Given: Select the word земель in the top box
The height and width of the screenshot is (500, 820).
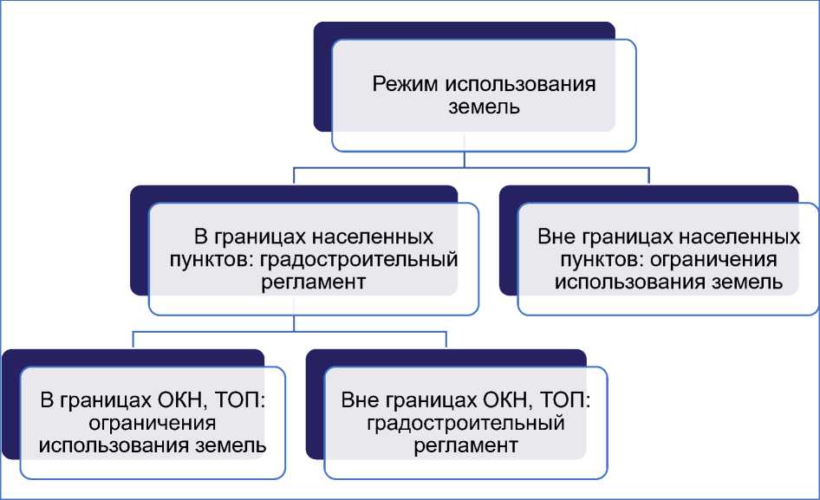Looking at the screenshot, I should coord(484,107).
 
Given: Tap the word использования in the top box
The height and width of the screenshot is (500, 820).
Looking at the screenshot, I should coord(520,85).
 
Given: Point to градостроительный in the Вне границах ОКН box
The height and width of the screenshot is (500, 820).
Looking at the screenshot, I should coord(466,424).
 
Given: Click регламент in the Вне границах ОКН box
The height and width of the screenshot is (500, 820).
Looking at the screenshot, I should coord(466,446).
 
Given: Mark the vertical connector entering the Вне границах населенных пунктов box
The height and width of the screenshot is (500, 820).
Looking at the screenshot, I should coord(649,175).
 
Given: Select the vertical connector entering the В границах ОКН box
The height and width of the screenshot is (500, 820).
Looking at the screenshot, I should coord(133,339).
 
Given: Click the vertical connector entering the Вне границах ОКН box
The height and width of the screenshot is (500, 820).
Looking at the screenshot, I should coord(446,339).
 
